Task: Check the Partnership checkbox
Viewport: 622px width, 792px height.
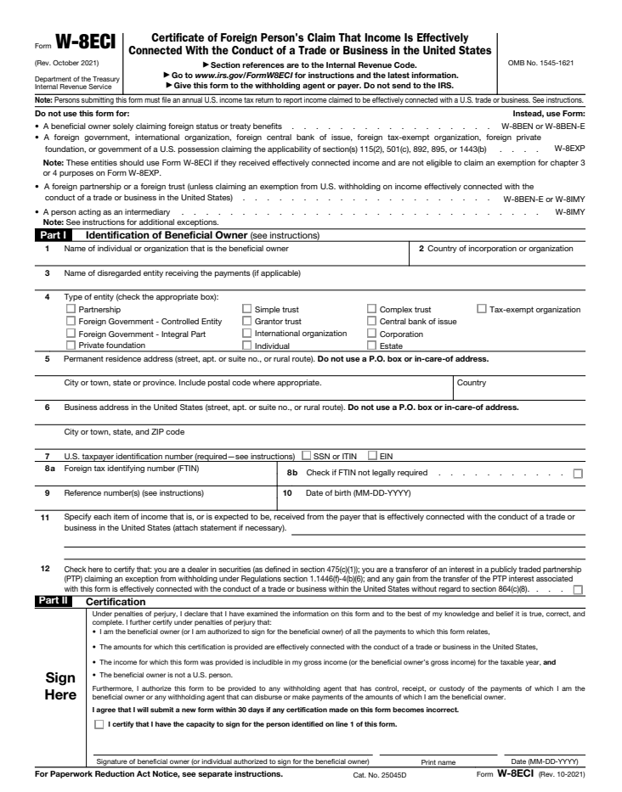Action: [x=71, y=310]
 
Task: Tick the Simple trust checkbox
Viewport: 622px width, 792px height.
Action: [x=247, y=310]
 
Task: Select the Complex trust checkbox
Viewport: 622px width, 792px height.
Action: [x=371, y=310]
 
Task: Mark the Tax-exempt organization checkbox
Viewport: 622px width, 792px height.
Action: [x=482, y=310]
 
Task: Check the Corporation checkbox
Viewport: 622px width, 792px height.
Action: [x=371, y=334]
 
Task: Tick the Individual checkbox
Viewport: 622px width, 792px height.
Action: [x=247, y=345]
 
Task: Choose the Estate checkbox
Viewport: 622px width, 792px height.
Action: [x=371, y=345]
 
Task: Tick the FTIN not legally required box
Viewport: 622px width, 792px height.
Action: [x=578, y=474]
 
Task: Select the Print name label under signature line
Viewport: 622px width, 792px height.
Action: [x=438, y=761]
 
